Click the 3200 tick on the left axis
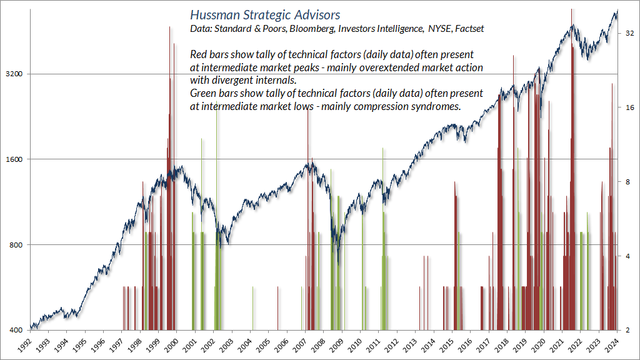coord(14,74)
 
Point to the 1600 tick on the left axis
coord(14,159)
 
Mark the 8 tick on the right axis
coord(626,182)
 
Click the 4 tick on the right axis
coord(626,256)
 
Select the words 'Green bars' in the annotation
coord(214,94)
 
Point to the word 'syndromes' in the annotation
coord(437,106)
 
